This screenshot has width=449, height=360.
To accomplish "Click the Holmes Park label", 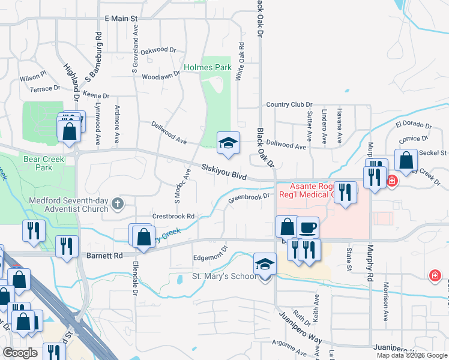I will [x=208, y=68].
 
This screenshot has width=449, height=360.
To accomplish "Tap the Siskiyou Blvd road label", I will [x=224, y=173].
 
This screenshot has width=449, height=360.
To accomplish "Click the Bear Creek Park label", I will [x=38, y=163].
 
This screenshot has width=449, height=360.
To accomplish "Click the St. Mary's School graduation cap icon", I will [x=265, y=264].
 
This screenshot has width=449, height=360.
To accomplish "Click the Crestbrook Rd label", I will [x=173, y=216].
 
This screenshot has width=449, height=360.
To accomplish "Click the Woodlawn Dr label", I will [x=161, y=76].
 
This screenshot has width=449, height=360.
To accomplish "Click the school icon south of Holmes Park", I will [x=228, y=143].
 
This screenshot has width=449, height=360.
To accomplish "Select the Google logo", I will [x=20, y=353].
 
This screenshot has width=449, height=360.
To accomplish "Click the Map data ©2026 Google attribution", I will [x=411, y=355].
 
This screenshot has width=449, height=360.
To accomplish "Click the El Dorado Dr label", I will [x=414, y=125].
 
